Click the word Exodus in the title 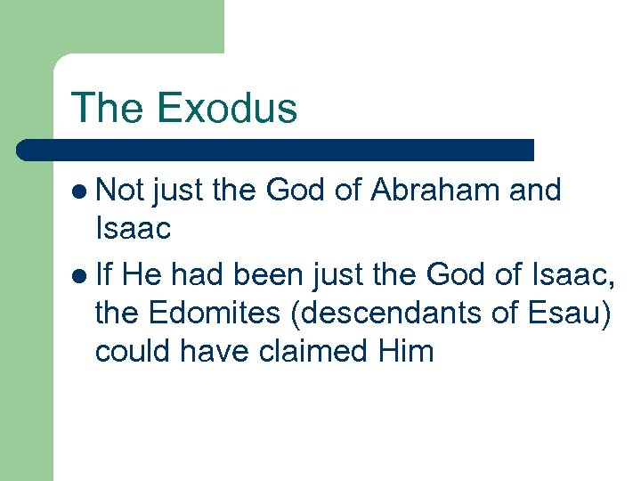point(226,108)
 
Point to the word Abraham point(434,190)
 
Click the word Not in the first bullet point(122,190)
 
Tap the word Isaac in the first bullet point(132,230)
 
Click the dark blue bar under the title point(276,149)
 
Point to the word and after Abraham point(532,190)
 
